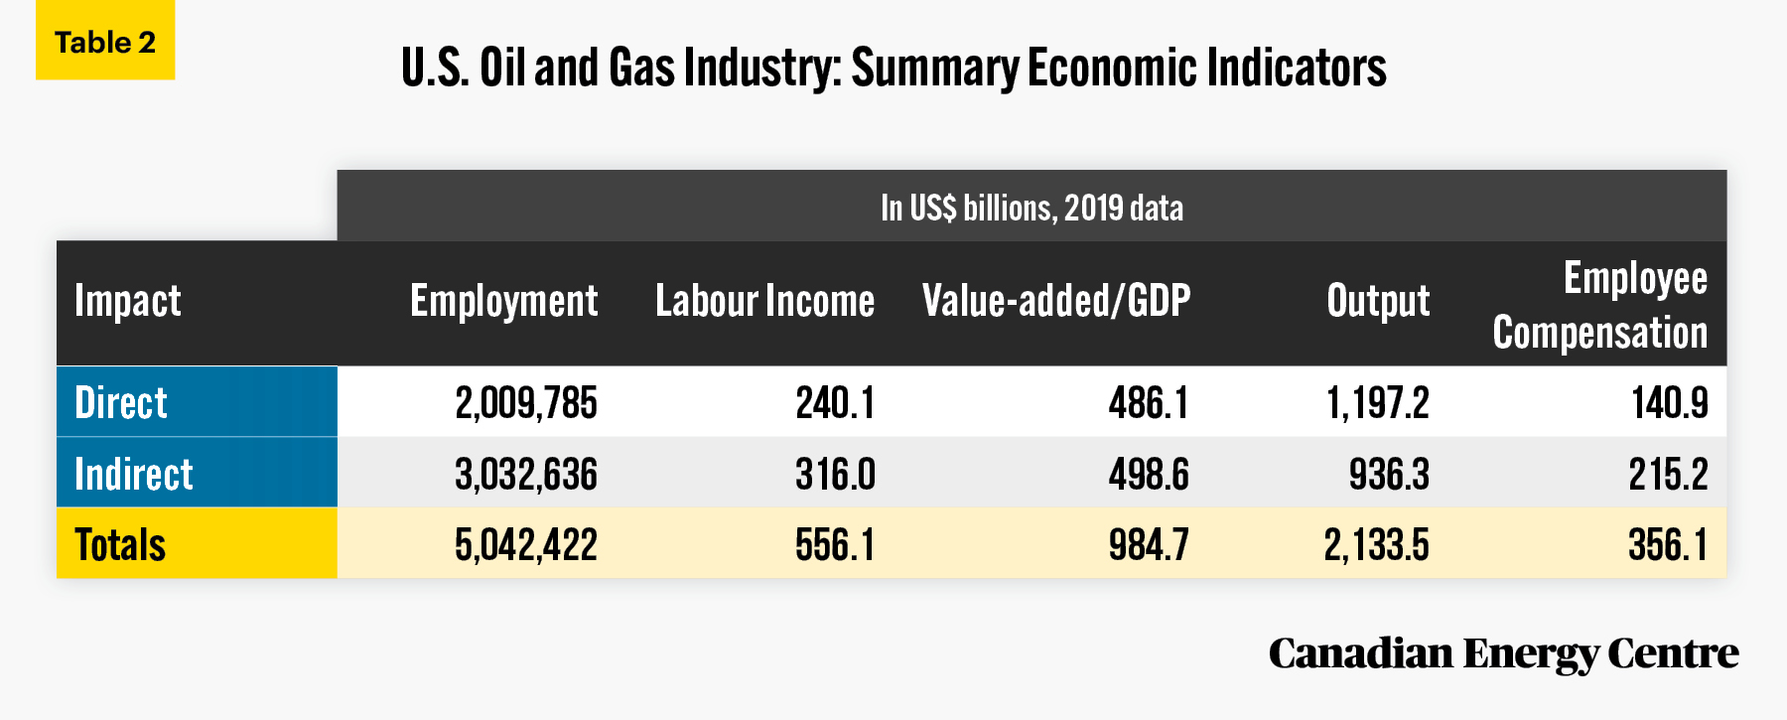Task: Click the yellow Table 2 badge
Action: (x=105, y=40)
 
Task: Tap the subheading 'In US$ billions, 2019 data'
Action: (x=1031, y=208)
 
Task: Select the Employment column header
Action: (x=503, y=300)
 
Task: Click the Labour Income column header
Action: (x=764, y=300)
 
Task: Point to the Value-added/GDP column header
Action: (x=1056, y=300)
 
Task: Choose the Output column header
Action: (x=1378, y=300)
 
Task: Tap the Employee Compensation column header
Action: (x=1599, y=305)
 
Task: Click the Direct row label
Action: (x=121, y=402)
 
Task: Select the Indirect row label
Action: (x=134, y=474)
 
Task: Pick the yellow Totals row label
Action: (x=120, y=544)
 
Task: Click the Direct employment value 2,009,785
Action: (x=526, y=403)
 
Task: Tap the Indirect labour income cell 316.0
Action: (x=835, y=474)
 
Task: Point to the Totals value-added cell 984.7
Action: (x=1149, y=544)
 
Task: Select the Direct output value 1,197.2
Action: (x=1378, y=403)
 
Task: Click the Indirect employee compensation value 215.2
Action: (x=1668, y=474)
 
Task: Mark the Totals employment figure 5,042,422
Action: (x=526, y=545)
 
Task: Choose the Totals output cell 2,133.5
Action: (x=1376, y=545)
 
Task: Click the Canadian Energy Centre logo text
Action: (x=1503, y=654)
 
